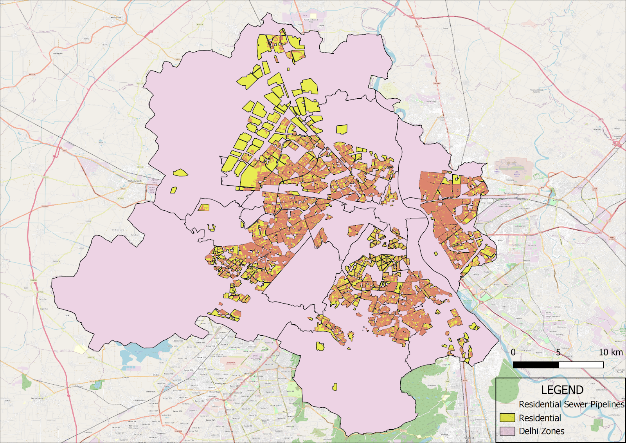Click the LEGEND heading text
[562, 390]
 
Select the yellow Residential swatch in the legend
[507, 418]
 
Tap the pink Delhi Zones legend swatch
[507, 431]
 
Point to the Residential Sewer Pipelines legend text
[571, 404]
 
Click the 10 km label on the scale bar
[610, 352]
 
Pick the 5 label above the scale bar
[558, 352]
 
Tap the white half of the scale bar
[581, 365]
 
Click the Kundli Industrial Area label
[311, 20]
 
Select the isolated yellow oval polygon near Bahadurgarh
[180, 172]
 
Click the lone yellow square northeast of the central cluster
[342, 129]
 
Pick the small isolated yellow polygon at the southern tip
[335, 387]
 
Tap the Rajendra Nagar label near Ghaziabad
[510, 193]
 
